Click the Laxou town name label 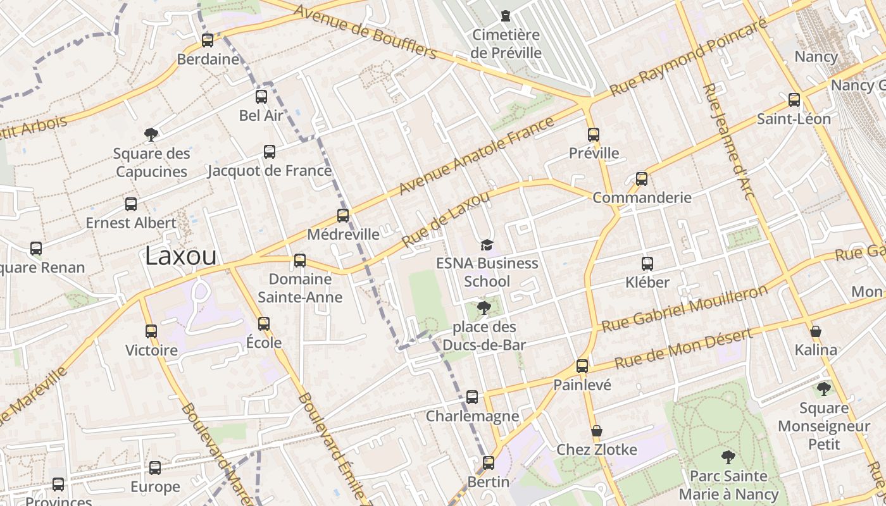pos(180,256)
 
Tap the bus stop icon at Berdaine pos(208,40)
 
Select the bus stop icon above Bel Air pos(261,97)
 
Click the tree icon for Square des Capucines pos(151,134)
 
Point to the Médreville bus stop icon pos(343,216)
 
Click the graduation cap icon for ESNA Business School pos(487,245)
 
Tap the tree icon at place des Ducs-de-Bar pos(484,308)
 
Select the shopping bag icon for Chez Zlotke pos(596,431)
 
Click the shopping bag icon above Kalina pos(816,331)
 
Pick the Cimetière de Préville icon pos(506,16)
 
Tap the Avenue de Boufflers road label pos(365,31)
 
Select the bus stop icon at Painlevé pos(582,366)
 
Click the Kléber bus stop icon pos(647,263)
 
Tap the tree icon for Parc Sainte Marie pos(728,457)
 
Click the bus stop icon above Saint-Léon pos(794,100)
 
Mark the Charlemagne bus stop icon pos(472,397)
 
